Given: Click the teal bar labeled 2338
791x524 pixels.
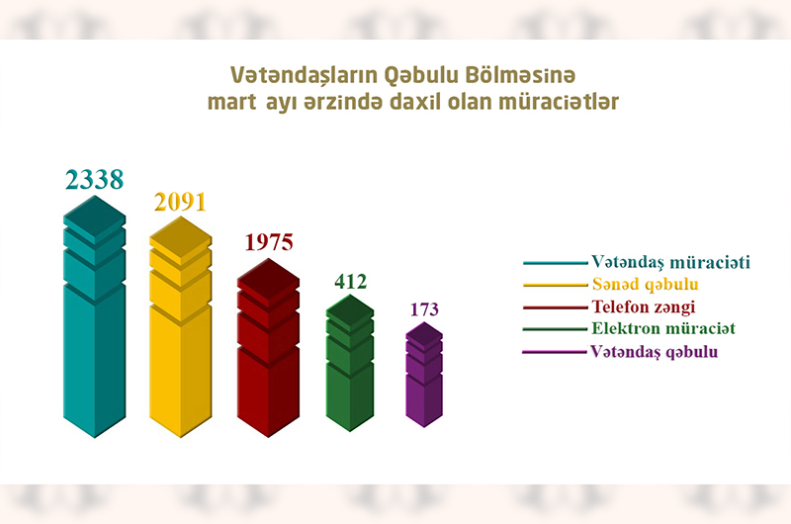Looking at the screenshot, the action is (94, 317).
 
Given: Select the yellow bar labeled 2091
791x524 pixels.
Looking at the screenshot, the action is (181, 328).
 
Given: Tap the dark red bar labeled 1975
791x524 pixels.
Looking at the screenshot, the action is (268, 348).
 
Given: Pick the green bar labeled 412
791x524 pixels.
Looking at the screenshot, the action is (350, 364).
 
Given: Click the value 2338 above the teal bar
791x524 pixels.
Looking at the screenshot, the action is (94, 180).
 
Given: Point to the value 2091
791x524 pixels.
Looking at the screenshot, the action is (181, 202).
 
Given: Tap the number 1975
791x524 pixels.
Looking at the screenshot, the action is (269, 242).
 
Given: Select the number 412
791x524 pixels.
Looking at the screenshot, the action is (351, 282).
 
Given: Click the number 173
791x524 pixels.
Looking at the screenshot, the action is (424, 309).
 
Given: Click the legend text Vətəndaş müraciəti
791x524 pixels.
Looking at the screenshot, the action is (671, 262).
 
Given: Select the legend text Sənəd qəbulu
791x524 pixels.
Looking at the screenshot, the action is (646, 285).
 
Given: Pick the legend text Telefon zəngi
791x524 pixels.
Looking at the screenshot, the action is (644, 306).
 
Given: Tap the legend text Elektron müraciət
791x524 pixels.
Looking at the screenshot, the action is (663, 328).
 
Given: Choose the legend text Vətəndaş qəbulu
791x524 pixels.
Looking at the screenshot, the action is (654, 352).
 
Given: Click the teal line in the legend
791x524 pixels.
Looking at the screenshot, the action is (556, 263).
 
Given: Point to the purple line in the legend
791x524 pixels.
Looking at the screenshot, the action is (555, 352).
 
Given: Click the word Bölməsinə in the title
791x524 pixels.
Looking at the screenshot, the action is (520, 75).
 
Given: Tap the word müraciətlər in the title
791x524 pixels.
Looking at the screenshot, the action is (559, 102).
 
